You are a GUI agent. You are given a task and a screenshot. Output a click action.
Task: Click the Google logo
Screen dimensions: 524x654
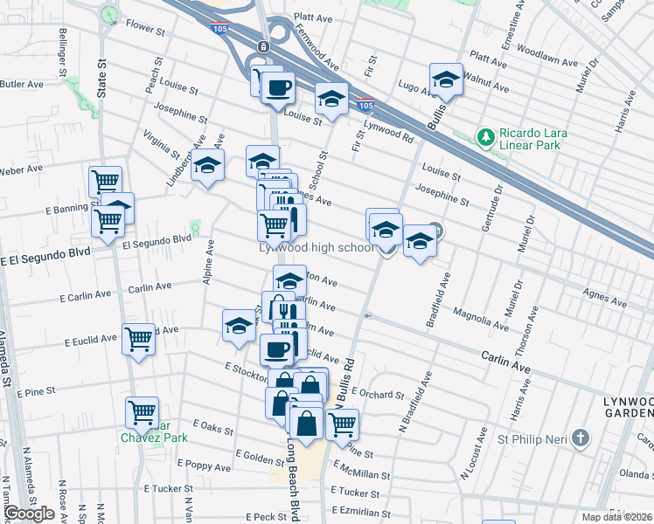(29, 514)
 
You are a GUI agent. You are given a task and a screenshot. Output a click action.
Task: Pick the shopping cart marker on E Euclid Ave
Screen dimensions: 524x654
(138, 339)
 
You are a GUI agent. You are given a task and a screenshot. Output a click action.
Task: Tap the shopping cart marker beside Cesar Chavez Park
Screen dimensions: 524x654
(142, 412)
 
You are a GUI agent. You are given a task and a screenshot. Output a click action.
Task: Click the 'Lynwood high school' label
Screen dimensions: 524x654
(316, 248)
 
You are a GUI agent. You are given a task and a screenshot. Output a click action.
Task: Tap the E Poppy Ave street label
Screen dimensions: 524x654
(204, 467)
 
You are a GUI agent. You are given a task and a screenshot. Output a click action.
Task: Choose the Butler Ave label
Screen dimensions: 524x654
(22, 85)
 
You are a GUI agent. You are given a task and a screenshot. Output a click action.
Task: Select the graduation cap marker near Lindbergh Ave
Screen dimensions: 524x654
(208, 164)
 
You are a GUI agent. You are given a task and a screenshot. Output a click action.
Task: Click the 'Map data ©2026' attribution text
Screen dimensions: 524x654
(617, 517)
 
